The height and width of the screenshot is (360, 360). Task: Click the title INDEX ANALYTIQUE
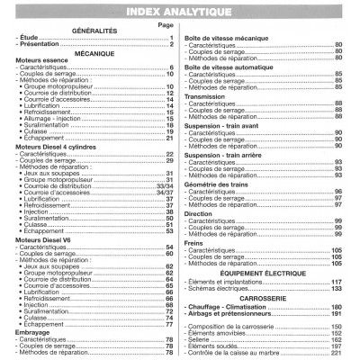180,11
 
